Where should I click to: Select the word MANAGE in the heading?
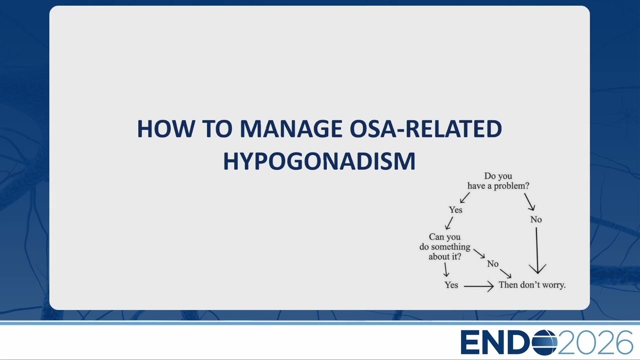pos(291,129)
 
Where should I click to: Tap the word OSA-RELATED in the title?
pos(425,129)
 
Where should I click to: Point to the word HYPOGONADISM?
pos(319,161)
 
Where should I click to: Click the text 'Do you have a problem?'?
pos(498,181)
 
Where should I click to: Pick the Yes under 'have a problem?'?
pos(455,210)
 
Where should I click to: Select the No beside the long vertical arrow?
pos(536,219)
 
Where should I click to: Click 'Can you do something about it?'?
pos(445,246)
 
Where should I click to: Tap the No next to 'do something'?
pos(493,263)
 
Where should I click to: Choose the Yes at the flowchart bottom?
pos(451,285)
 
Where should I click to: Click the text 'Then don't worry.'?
pos(532,285)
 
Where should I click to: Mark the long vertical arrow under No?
pos(537,250)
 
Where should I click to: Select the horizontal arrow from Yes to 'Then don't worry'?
pos(478,286)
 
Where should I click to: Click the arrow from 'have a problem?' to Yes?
pos(465,197)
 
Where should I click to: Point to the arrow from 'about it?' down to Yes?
pos(445,269)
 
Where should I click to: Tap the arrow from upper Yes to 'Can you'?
pos(449,223)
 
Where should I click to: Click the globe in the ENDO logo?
pos(545,342)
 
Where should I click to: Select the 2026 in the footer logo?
pos(595,342)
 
